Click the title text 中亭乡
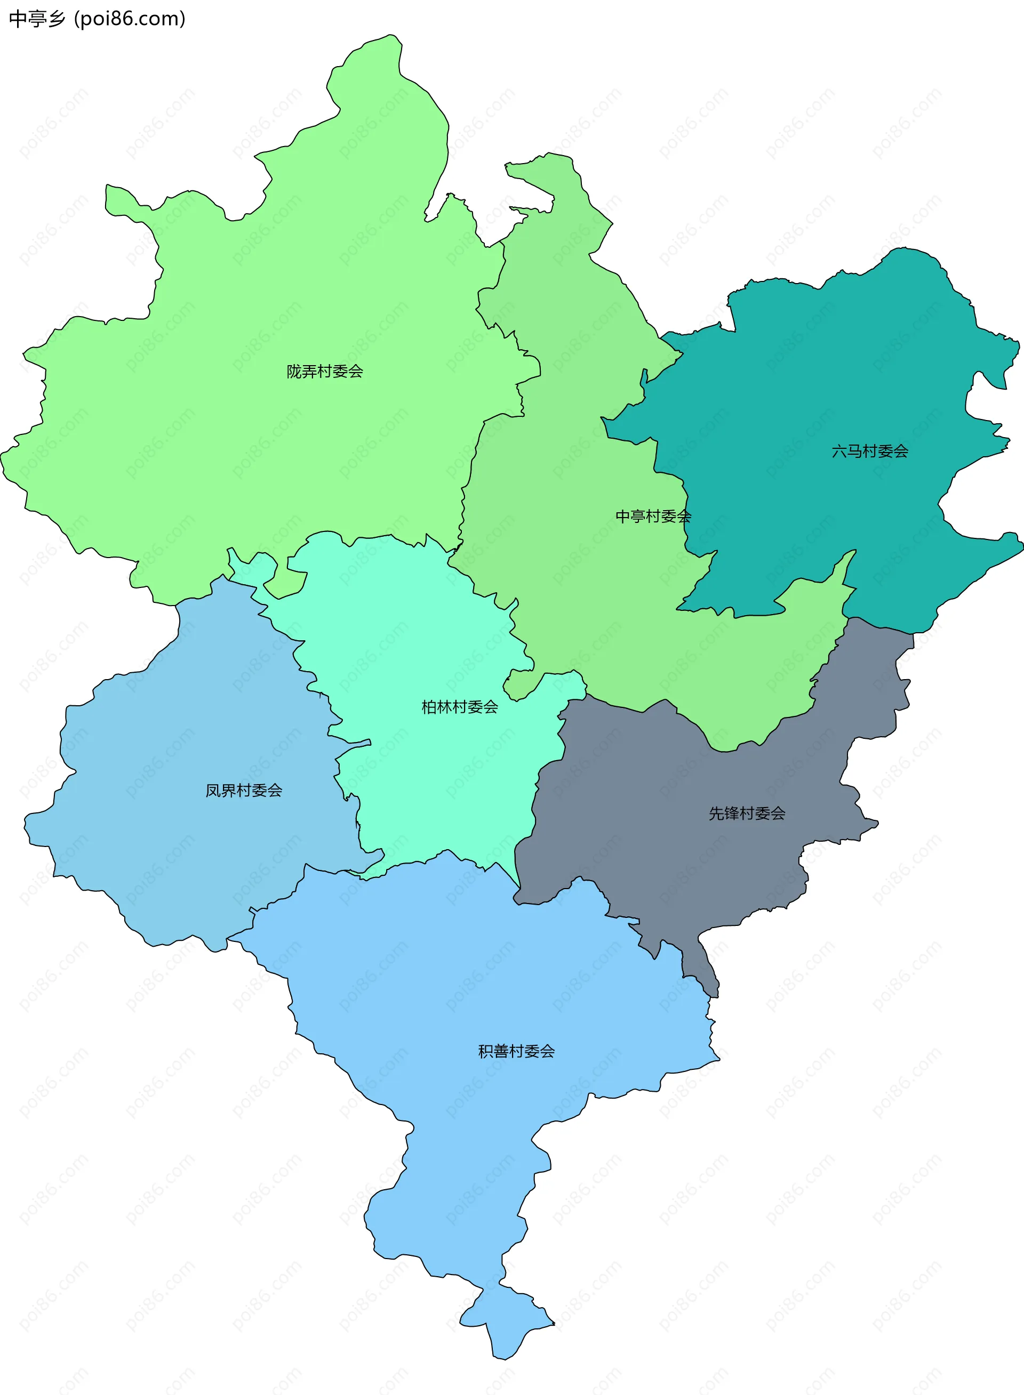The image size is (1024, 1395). (37, 19)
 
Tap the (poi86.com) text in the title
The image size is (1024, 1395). (130, 19)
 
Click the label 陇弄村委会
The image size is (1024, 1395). (324, 371)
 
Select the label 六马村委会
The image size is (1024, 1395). (870, 451)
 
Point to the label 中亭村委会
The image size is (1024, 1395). (653, 516)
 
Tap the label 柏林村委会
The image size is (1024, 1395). (459, 707)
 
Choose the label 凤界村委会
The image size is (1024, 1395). (244, 791)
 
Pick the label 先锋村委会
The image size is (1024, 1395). (747, 813)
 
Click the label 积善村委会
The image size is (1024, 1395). (516, 1051)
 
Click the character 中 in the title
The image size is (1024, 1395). (18, 19)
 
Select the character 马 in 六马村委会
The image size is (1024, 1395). (854, 451)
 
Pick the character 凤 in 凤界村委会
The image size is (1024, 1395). (213, 791)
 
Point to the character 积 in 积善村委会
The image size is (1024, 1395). (485, 1051)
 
